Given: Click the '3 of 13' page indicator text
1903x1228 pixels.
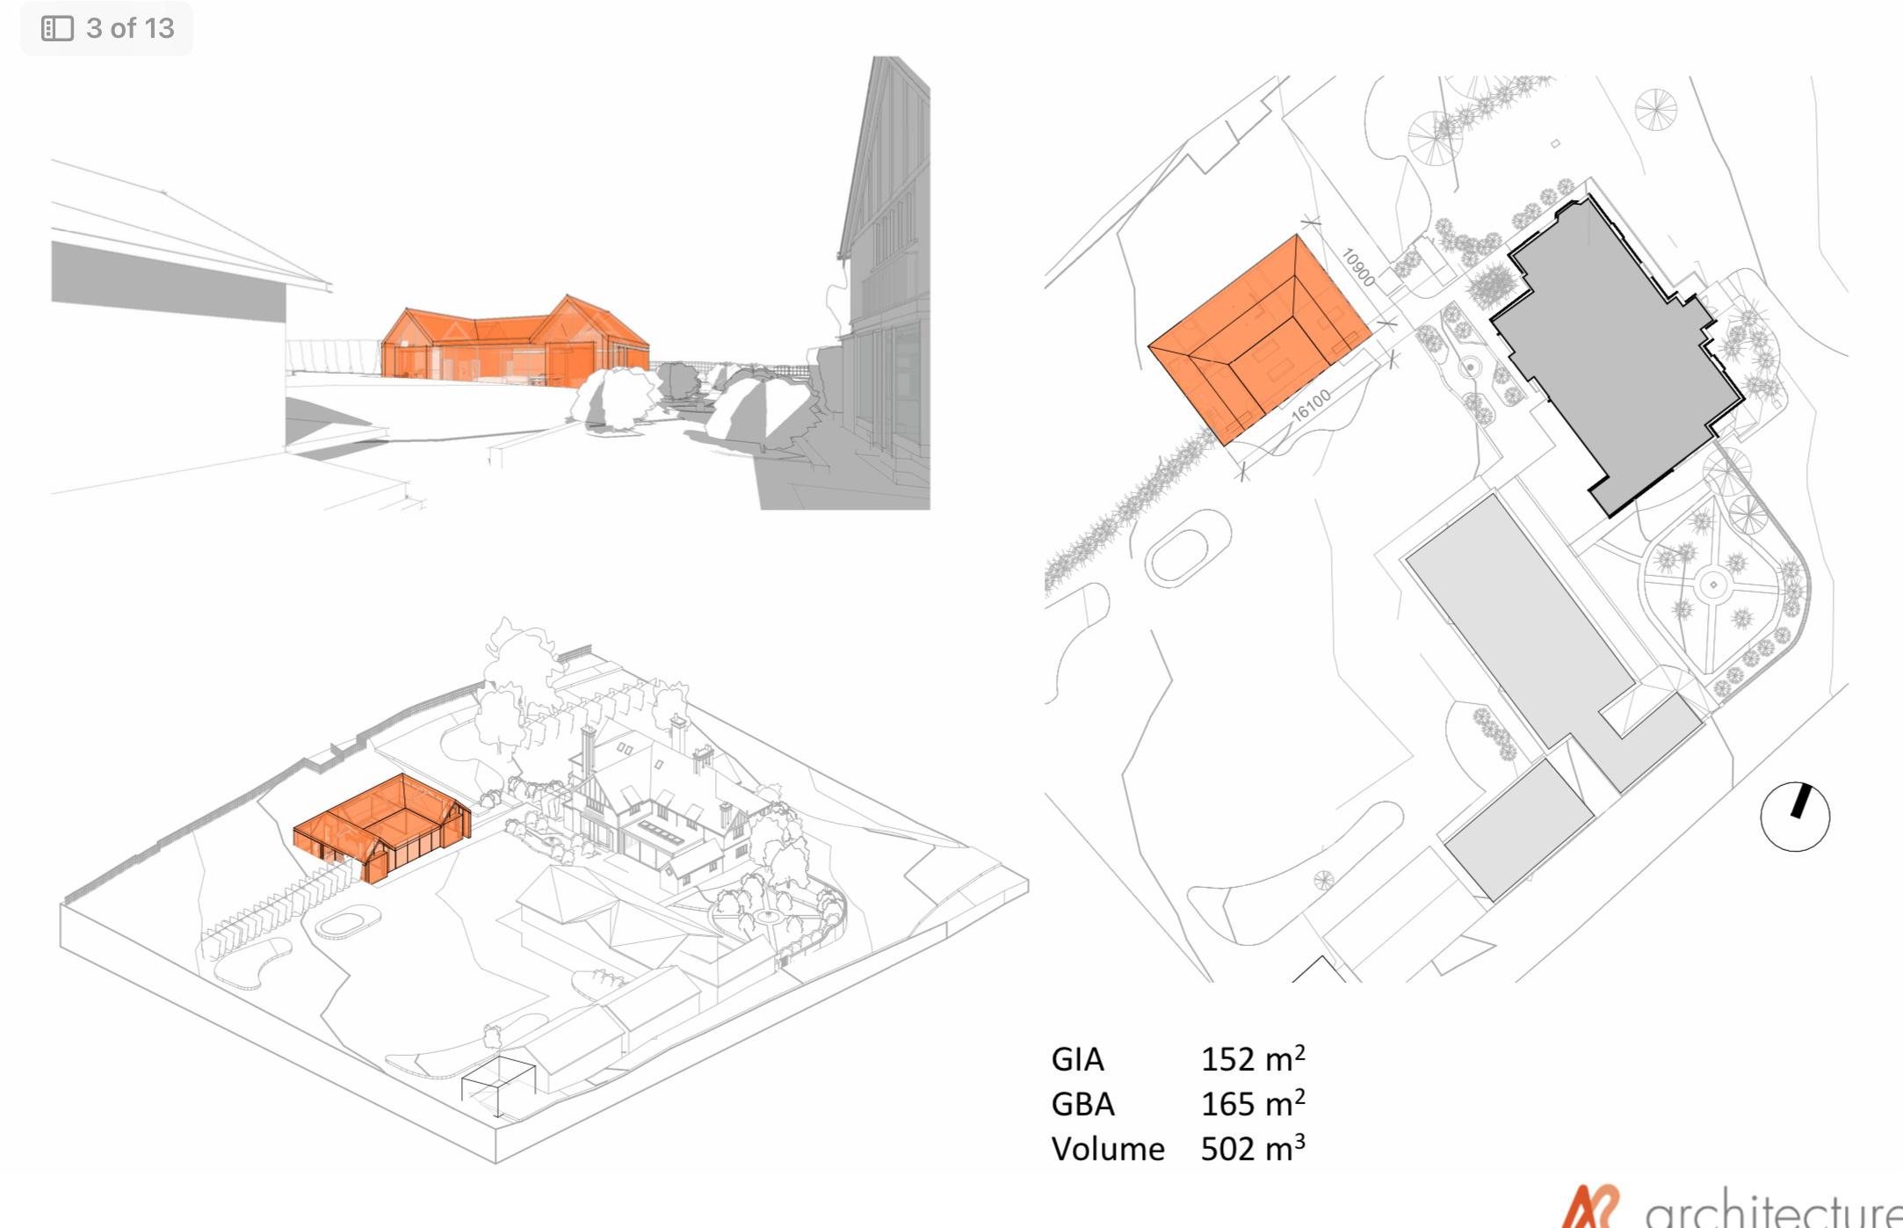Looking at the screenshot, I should (x=130, y=28).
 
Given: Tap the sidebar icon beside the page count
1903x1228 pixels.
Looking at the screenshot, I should (x=57, y=28).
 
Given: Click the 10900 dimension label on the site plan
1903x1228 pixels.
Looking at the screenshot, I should (x=1358, y=266).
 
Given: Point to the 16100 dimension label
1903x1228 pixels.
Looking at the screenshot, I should (x=1312, y=405).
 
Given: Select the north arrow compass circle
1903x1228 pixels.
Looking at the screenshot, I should (x=1795, y=817).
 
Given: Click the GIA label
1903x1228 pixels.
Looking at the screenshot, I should (x=1077, y=1059).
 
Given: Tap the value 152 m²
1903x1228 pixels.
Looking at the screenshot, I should (x=1252, y=1058).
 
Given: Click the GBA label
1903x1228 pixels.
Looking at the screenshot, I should (x=1082, y=1104).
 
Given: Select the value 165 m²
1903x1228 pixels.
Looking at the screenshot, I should (x=1252, y=1103).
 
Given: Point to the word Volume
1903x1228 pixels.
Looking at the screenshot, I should (x=1107, y=1149).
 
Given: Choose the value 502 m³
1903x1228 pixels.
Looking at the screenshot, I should (x=1252, y=1148).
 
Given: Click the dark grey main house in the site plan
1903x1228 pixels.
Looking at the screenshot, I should (x=1617, y=352).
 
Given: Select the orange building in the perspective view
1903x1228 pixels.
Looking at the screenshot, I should (x=514, y=347).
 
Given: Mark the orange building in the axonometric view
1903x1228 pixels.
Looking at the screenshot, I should (x=382, y=826).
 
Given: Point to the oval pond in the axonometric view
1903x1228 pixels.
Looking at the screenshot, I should (x=348, y=923).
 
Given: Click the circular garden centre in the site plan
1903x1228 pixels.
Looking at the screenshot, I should (x=1712, y=585).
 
